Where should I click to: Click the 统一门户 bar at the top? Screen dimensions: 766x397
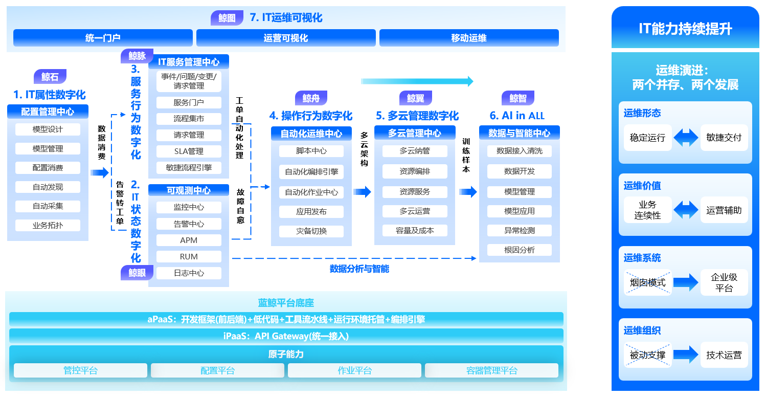[103, 38]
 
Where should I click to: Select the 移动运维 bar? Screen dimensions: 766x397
[469, 38]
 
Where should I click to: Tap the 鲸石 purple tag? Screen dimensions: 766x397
[50, 77]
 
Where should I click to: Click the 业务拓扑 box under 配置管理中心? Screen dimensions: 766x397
[48, 225]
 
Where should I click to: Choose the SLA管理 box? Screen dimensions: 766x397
[189, 151]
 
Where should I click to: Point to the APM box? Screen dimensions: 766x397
[189, 240]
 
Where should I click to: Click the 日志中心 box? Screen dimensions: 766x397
[189, 273]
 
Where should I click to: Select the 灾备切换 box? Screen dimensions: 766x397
[311, 231]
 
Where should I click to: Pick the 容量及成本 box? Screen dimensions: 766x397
[415, 231]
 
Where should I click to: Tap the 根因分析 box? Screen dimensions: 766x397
[520, 250]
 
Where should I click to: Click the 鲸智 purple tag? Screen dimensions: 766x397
[517, 98]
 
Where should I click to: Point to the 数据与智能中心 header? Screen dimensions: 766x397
[520, 133]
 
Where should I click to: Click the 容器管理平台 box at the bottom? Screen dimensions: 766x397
[492, 370]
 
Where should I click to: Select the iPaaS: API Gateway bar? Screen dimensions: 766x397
[286, 336]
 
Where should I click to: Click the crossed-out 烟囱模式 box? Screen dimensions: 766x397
[648, 282]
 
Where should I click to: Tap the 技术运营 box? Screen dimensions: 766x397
[724, 355]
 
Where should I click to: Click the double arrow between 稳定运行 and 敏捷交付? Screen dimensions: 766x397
[686, 138]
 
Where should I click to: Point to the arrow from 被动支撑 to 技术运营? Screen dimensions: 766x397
[686, 355]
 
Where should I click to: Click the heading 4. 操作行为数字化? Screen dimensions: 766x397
[310, 116]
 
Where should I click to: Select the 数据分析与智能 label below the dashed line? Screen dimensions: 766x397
[359, 269]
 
